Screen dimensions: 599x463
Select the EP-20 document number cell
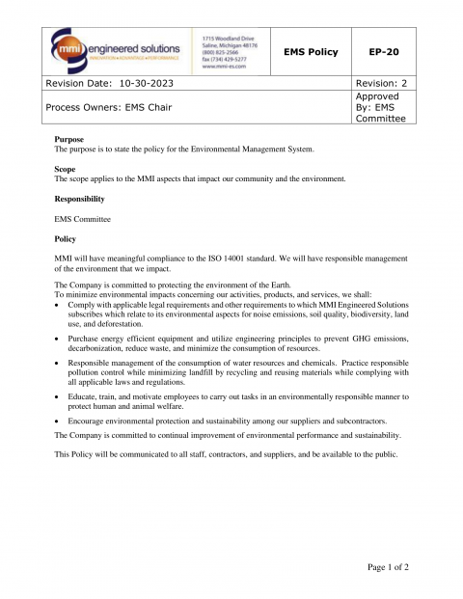click(386, 51)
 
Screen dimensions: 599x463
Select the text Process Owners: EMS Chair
click(109, 107)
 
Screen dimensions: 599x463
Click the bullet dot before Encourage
click(58, 422)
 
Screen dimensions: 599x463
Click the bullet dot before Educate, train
click(58, 395)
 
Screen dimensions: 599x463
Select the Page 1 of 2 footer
click(388, 567)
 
